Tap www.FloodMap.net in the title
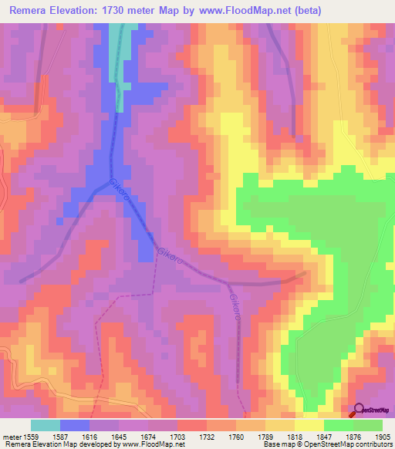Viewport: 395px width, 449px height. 240,10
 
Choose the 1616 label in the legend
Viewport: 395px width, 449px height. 92,437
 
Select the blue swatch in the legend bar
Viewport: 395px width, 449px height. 75,425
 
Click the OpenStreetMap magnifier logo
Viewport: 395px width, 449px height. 356,411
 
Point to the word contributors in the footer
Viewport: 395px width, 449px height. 373,445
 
